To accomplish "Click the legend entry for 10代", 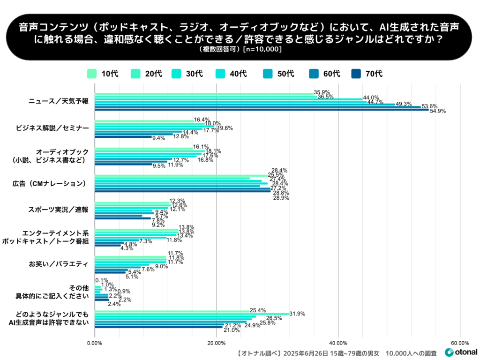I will pos(103,73).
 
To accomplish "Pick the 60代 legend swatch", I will pos(314,73).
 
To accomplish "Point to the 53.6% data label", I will pos(429,106).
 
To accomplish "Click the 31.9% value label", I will pos(297,314).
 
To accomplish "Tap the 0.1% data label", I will pos(102,281).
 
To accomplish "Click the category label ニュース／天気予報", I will pos(59,102).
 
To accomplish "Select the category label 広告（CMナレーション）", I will pos(57,183).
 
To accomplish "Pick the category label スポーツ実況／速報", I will pos(58,210).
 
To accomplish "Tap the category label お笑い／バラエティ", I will pos(59,264).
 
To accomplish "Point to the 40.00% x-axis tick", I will pos(338,343).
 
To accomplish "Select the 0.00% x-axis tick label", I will pos(95,343).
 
